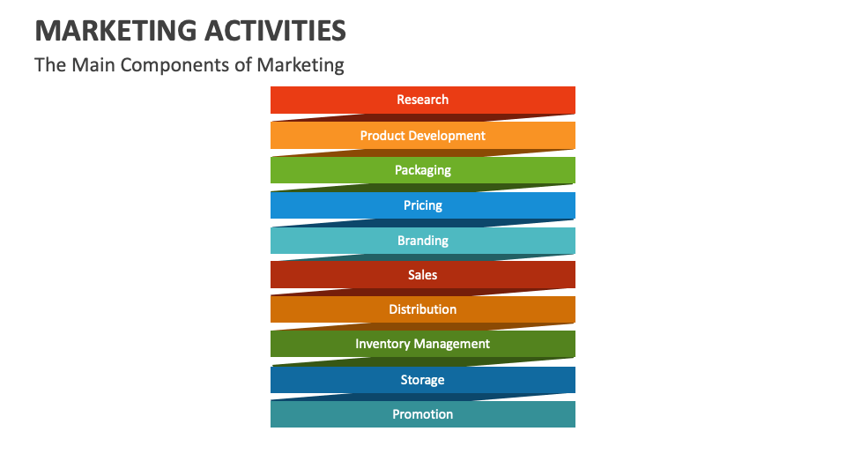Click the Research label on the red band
pyautogui.click(x=422, y=100)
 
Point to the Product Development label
pyautogui.click(x=422, y=136)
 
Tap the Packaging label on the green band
pyautogui.click(x=422, y=170)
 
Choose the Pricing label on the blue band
pyautogui.click(x=422, y=205)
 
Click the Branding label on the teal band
pyautogui.click(x=422, y=241)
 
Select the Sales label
pyautogui.click(x=422, y=275)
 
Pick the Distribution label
pyautogui.click(x=422, y=309)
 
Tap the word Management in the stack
pyautogui.click(x=453, y=344)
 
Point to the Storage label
pyautogui.click(x=422, y=380)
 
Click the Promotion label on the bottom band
pyautogui.click(x=422, y=414)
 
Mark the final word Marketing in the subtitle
pyautogui.click(x=303, y=65)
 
